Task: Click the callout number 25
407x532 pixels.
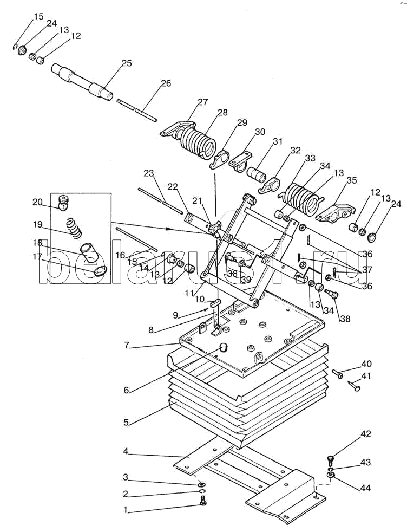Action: click(x=127, y=63)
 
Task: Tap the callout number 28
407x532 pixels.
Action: click(x=222, y=112)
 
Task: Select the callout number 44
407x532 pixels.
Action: click(x=365, y=488)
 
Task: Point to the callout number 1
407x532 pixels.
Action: click(x=126, y=510)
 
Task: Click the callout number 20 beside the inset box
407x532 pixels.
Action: click(x=37, y=203)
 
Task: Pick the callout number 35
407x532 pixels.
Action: click(x=351, y=180)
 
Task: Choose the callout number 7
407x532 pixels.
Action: click(x=127, y=346)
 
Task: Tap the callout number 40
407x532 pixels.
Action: click(x=366, y=364)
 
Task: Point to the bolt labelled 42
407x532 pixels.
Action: click(x=331, y=460)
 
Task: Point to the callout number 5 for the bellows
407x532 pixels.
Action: click(x=126, y=423)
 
